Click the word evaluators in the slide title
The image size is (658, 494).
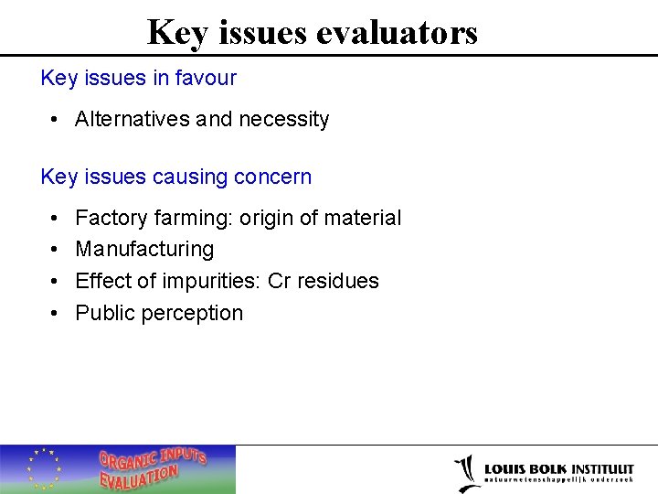pos(397,33)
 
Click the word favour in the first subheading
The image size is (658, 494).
pos(208,78)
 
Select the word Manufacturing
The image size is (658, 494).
pos(144,249)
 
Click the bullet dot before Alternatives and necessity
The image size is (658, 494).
pos(56,120)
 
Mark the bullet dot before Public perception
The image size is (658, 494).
pos(56,314)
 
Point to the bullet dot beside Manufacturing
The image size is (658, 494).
pos(56,250)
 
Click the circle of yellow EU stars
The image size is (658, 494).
pos(43,468)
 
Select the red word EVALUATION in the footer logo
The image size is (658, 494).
pos(139,478)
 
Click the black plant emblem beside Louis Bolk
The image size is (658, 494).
pos(467,472)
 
